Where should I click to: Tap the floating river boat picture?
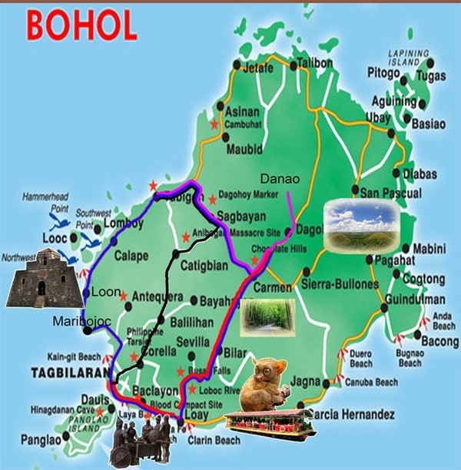pos(270,423)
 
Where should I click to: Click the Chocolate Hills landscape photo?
pos(361,226)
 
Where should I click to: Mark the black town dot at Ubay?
pos(391,132)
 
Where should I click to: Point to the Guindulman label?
pos(413,300)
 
